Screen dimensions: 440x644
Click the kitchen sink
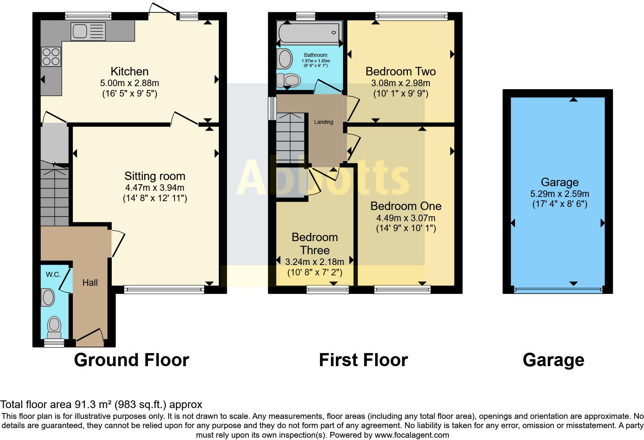coord(88,31)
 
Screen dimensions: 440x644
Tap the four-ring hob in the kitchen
coord(51,56)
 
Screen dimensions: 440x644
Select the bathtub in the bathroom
coord(309,33)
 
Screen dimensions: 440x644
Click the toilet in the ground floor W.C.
coord(54,326)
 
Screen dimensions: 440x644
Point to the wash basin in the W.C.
coord(48,297)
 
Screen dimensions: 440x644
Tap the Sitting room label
coord(155,176)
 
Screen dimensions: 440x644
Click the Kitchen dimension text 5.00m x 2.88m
coord(129,83)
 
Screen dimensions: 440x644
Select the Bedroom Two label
coord(401,72)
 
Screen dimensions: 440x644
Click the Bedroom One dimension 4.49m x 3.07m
coord(406,218)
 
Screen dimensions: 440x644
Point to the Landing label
coord(324,122)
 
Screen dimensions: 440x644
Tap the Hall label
coord(90,283)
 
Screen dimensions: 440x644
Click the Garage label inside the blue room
coord(560,182)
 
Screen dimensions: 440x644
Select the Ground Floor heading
coord(131,360)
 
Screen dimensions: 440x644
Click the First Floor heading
coord(363,360)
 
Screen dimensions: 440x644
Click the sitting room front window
coord(164,289)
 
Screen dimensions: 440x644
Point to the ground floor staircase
coord(55,196)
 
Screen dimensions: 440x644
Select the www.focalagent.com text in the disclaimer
coord(412,435)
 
